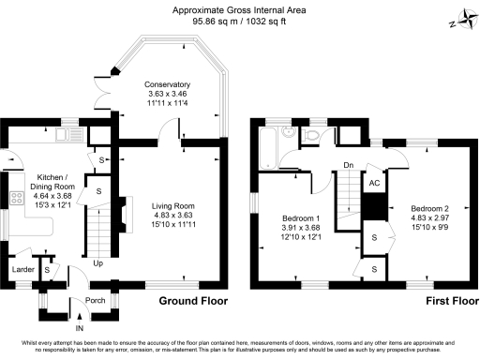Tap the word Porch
coord(96,301)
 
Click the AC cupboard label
coord(373,185)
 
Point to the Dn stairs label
coord(347,166)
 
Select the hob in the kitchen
coord(15,198)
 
